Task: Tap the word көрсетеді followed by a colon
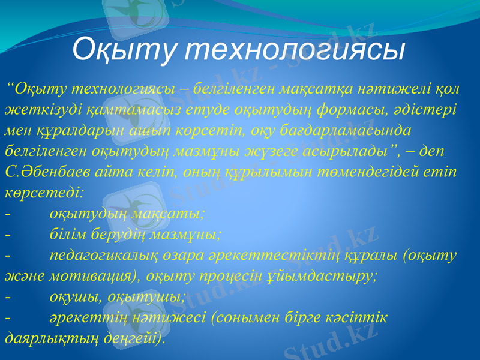coord(44,193)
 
